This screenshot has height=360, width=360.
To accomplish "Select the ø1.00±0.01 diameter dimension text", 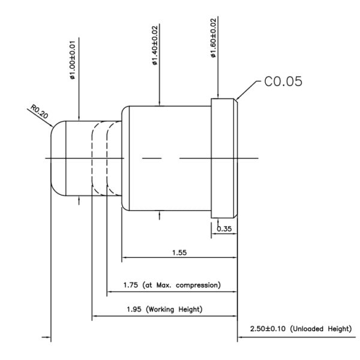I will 72,61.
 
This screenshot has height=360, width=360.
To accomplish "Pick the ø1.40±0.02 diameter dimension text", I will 155,46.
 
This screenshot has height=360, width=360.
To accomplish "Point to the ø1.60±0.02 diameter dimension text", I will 213,39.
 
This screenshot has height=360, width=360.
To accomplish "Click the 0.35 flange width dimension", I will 224,229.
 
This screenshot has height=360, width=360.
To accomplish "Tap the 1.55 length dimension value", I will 179,253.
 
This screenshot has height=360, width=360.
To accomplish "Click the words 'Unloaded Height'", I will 322,329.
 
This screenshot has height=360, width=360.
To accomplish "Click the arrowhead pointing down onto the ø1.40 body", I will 158,102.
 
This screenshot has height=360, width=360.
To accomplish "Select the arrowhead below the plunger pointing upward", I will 80,201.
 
